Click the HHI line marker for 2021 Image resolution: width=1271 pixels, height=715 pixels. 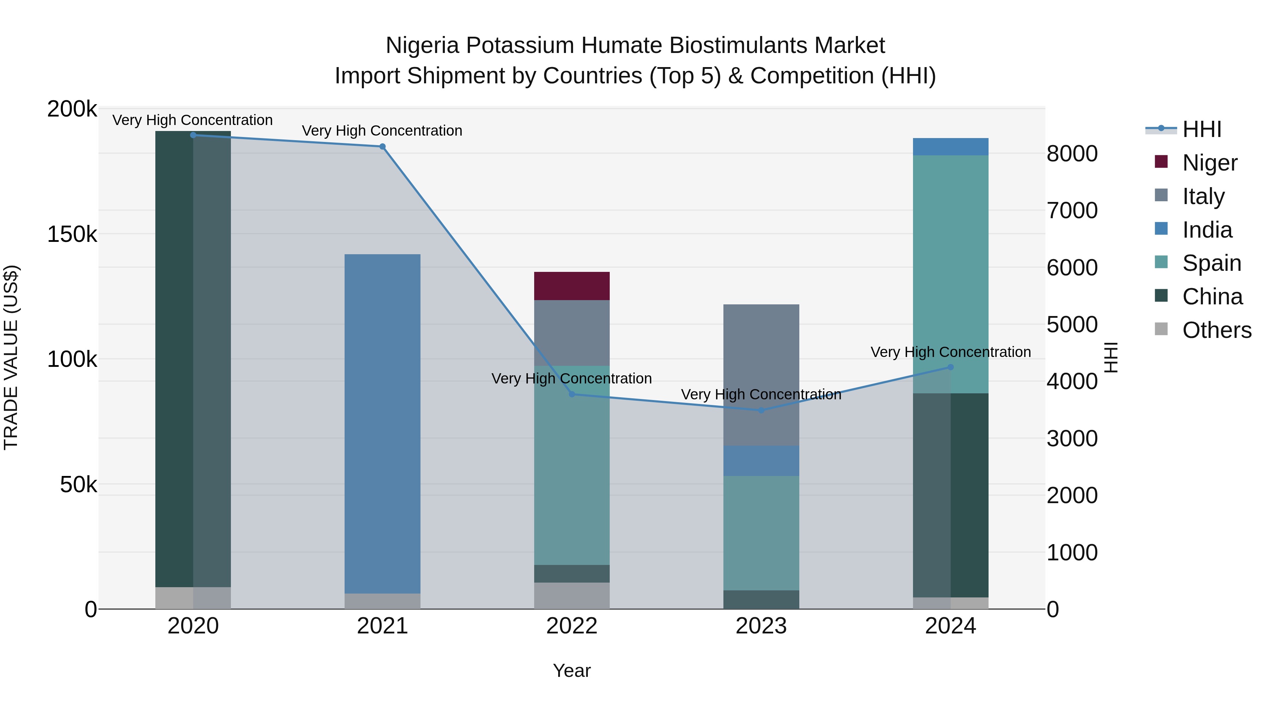[382, 147]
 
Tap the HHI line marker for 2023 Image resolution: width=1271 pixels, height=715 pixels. [761, 410]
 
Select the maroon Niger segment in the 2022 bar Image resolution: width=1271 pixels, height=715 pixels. [572, 286]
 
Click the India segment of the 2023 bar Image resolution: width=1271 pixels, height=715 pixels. [761, 461]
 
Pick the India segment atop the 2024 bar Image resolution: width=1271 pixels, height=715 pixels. [951, 147]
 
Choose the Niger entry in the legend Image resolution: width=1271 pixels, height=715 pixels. [1210, 162]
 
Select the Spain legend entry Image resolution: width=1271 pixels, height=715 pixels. [1212, 263]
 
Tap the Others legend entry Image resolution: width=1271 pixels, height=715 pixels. [1217, 330]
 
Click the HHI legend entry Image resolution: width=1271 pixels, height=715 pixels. [1202, 129]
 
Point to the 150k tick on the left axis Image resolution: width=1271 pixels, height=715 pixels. [72, 234]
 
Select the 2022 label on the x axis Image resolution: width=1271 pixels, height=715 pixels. [572, 626]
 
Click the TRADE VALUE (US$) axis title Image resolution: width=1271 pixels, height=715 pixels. [11, 357]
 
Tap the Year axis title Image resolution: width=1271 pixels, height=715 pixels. [572, 671]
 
